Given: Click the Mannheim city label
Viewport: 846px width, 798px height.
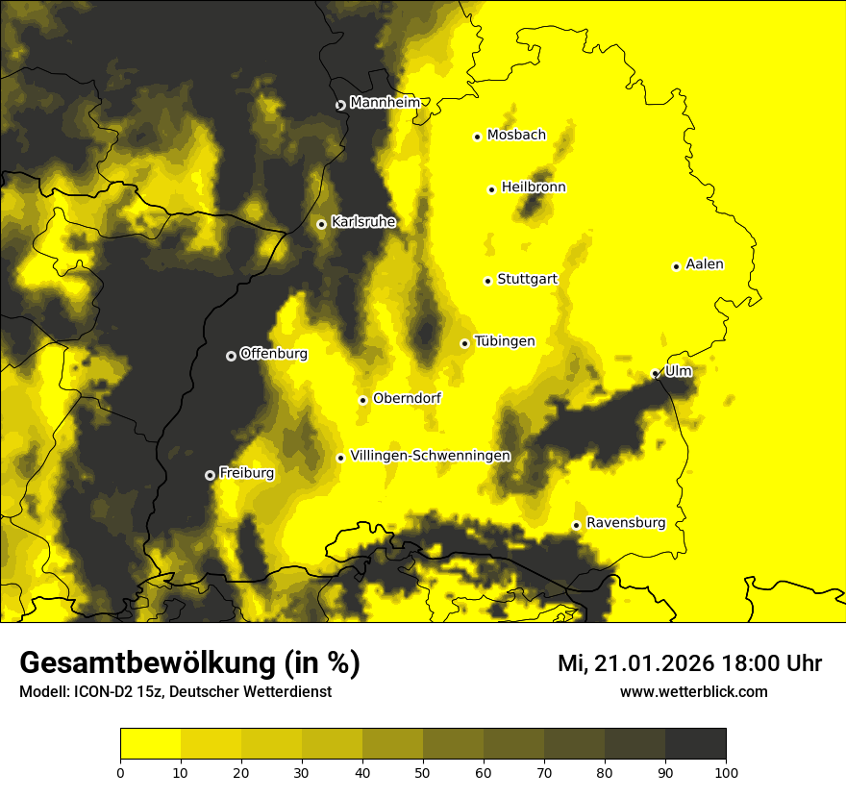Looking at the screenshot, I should tap(385, 103).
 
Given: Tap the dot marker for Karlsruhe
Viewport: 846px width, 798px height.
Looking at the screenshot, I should tap(321, 224).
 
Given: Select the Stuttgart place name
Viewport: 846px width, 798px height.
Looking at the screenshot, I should tap(527, 280).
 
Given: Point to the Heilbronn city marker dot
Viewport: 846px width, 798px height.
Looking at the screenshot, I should tap(491, 189).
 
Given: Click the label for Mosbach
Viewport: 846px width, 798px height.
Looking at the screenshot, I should tap(516, 136).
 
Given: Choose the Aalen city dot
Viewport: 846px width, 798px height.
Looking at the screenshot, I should tap(676, 266).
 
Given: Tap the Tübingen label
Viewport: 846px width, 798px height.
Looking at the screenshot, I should tap(505, 341).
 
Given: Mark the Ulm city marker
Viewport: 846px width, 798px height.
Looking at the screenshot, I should tap(655, 374).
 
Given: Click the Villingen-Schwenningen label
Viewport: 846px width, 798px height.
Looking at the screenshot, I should tap(430, 456).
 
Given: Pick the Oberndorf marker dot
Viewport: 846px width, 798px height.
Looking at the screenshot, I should tap(362, 400).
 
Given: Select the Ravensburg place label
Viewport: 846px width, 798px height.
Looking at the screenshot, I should tap(626, 523).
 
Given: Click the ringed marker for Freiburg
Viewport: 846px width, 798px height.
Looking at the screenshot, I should tap(210, 475).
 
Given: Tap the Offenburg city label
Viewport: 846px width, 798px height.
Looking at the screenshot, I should tap(274, 354).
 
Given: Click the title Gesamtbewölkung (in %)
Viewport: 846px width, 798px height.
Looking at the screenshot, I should tap(189, 663).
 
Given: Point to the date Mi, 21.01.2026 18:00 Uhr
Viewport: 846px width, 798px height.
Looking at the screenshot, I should tap(689, 663).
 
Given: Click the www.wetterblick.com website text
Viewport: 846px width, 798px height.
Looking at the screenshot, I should tap(693, 691).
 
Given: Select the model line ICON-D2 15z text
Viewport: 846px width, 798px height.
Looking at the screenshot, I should tap(175, 691).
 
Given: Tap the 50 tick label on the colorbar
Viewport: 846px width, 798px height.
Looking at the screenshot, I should tap(423, 771).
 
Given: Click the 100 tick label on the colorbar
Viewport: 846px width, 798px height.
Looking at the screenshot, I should tap(725, 771).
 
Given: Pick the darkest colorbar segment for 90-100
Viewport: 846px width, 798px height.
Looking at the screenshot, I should tap(695, 744).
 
